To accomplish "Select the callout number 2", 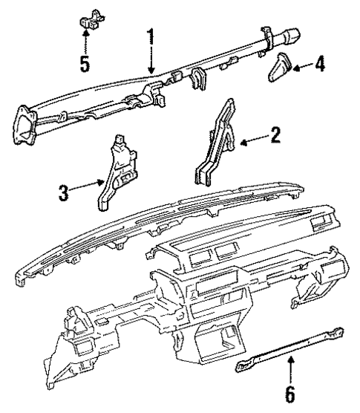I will (x=275, y=136).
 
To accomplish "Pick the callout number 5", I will (x=86, y=63).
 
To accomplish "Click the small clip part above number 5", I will (x=88, y=18).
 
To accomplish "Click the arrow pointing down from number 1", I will (x=151, y=59).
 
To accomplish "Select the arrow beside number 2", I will (x=252, y=139).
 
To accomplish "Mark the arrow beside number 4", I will (x=301, y=68).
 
